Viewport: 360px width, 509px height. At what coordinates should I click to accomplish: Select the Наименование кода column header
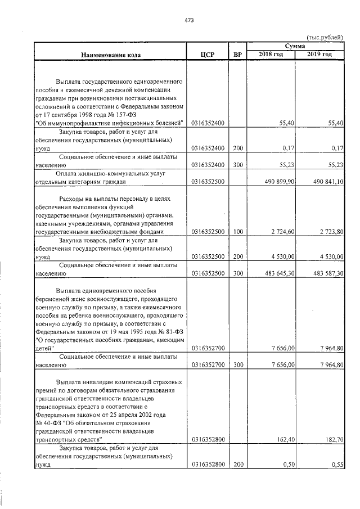click(110, 55)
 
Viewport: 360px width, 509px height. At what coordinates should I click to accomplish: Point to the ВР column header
click(237, 55)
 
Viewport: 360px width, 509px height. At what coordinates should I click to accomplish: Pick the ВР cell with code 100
click(237, 232)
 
